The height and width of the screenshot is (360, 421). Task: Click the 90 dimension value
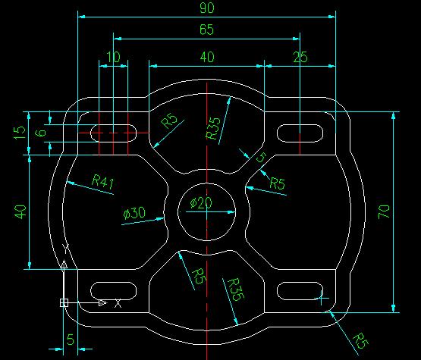[x=207, y=8]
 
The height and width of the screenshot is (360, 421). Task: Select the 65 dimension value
[x=207, y=30]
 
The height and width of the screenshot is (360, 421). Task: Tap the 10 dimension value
[x=113, y=57]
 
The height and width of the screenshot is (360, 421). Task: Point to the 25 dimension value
[x=300, y=57]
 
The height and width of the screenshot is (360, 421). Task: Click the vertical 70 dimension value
[x=384, y=211]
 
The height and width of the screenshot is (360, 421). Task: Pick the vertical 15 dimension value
[x=20, y=133]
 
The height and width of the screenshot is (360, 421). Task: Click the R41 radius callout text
[x=103, y=181]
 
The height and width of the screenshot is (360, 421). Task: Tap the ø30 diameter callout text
[x=134, y=213]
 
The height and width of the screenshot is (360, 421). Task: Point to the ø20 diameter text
[x=201, y=203]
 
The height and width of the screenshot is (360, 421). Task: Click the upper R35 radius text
[x=213, y=128]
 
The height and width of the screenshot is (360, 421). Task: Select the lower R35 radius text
[x=236, y=290]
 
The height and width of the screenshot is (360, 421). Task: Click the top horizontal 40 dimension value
[x=207, y=57]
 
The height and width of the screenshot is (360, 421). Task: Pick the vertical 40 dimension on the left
[x=20, y=212]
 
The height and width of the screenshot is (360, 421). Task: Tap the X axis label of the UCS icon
[x=118, y=303]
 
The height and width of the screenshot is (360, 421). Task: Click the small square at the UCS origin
[x=64, y=303]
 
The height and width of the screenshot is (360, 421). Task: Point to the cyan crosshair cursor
[x=322, y=298]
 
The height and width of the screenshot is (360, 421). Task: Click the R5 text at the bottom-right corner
[x=360, y=341]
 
